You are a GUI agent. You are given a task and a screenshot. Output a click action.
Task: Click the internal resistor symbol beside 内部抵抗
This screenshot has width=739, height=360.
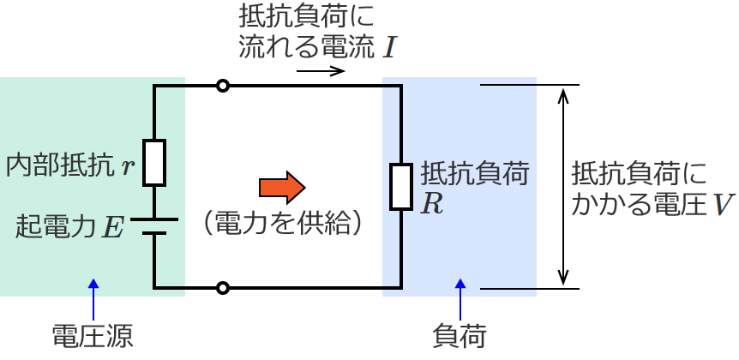[154, 162]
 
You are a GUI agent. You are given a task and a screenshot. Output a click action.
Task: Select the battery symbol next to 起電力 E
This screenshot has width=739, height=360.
[154, 225]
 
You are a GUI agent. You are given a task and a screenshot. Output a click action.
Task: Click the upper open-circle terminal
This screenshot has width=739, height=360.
[223, 86]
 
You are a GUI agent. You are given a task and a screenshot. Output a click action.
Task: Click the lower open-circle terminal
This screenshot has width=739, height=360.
[223, 288]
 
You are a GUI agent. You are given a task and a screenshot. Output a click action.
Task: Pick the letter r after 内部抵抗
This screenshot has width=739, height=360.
[127, 165]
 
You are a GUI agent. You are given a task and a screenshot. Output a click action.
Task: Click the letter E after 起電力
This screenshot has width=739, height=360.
[113, 227]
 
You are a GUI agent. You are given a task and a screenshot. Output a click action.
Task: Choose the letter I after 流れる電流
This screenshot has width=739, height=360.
[389, 47]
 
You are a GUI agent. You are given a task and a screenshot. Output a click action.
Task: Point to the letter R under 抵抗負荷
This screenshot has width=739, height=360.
[432, 206]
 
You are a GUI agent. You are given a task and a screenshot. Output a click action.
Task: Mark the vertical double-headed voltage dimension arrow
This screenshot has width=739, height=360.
[562, 186]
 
